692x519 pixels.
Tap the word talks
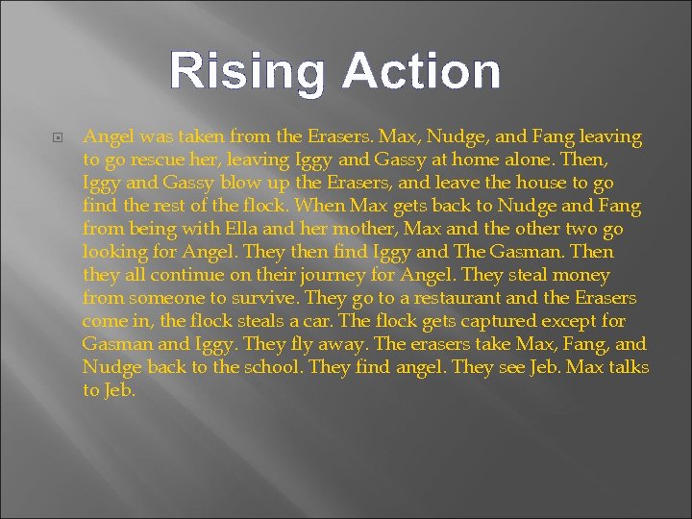click(x=628, y=367)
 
